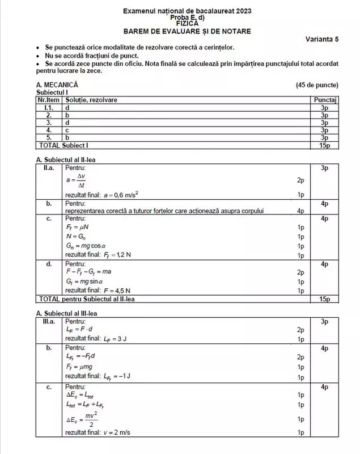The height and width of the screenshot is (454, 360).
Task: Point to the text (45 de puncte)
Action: click(x=317, y=85)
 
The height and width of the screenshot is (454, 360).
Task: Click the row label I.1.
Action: click(x=49, y=107)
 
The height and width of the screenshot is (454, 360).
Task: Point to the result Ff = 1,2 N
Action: click(x=100, y=255)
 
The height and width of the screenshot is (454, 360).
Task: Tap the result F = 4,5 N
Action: click(x=99, y=290)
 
